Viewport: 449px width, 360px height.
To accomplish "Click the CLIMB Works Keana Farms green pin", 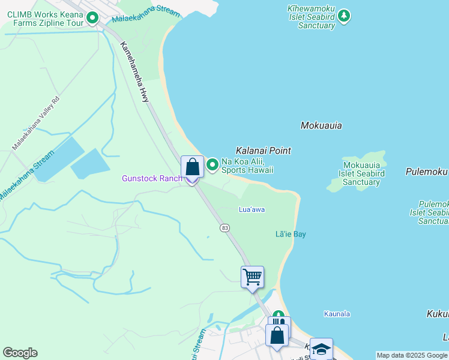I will pos(92,18).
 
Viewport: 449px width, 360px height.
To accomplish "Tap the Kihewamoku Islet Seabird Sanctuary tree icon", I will pos(343,16).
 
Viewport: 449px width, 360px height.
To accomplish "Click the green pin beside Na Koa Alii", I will pos(212,164).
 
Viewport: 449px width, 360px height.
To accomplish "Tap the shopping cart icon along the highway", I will pos(252,277).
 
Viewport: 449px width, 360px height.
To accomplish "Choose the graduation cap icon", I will pos(321,349).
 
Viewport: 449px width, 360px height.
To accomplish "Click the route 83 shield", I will pos(224,228).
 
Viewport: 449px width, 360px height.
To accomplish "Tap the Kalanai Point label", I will pos(264,151).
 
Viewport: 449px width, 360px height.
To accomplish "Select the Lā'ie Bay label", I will pos(291,234).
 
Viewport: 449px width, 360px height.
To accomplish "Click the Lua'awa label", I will pos(252,209).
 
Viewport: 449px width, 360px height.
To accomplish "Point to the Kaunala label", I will pos(337,314).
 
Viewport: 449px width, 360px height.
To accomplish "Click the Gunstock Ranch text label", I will pos(152,178).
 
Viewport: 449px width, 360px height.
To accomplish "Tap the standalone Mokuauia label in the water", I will pos(321,125).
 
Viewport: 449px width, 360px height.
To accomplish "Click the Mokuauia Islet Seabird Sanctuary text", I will pos(362,173).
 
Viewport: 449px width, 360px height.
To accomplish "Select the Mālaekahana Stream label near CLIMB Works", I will pos(146,11).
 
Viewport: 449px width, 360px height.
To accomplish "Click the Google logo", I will pos(20,353).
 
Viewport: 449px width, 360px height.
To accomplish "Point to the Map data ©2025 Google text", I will pos(412,355).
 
